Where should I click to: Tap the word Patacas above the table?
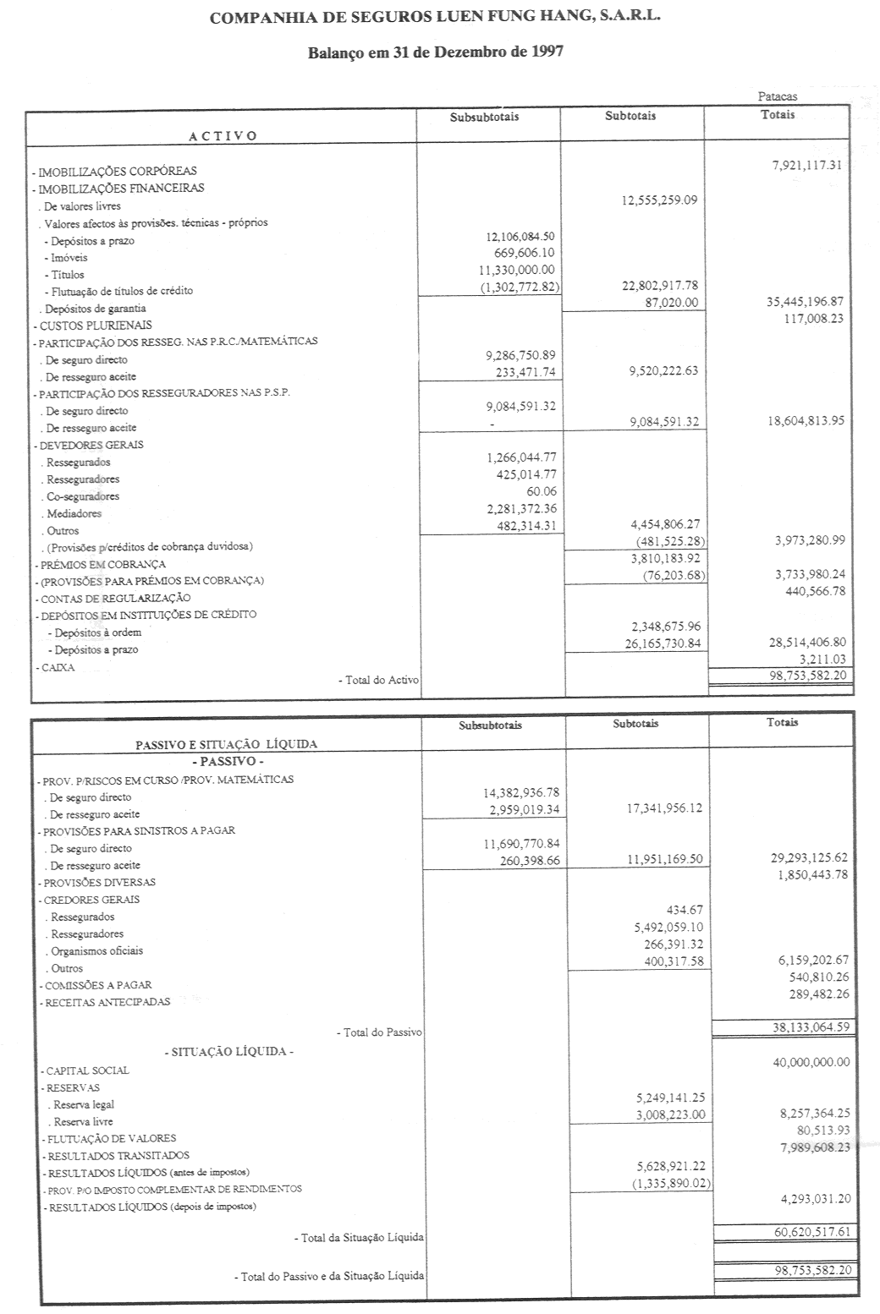(x=777, y=96)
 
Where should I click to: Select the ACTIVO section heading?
(x=223, y=135)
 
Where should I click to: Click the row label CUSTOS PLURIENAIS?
(x=96, y=326)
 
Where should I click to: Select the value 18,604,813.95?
(x=806, y=420)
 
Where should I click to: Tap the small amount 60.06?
(x=541, y=491)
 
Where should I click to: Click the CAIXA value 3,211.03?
(x=822, y=659)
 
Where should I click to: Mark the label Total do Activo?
(x=378, y=680)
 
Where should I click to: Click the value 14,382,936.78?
(x=520, y=793)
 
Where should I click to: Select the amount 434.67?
(x=685, y=910)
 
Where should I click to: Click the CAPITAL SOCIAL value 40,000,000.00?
(x=811, y=1062)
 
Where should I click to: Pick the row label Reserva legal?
(x=83, y=1104)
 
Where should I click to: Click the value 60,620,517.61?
(x=811, y=1231)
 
